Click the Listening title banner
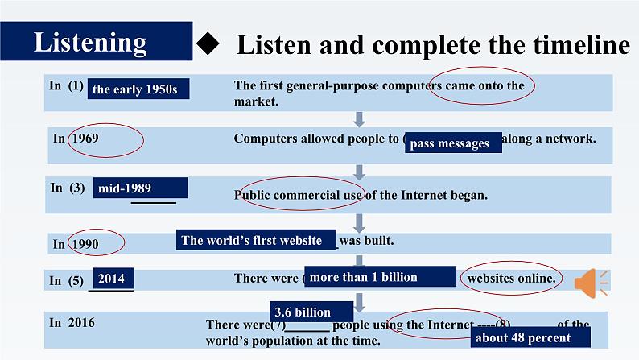97,41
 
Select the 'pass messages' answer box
452,143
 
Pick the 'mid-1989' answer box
140,188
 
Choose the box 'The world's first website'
257,240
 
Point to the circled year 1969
85,139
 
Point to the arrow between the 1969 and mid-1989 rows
359,172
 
